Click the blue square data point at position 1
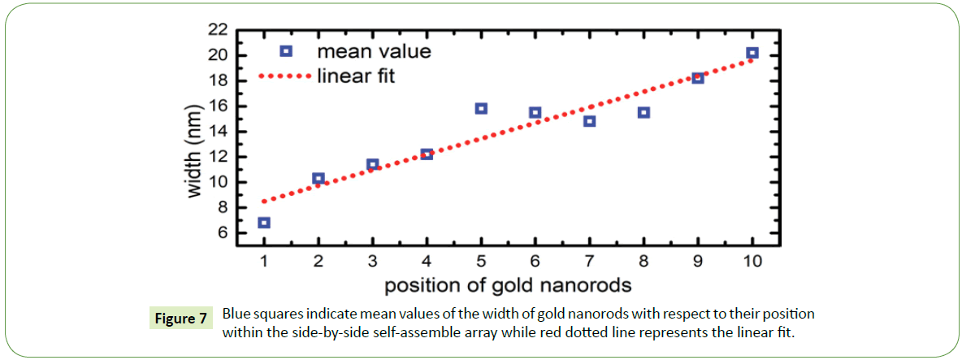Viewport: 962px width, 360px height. pyautogui.click(x=264, y=223)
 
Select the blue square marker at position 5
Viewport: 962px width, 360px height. pyautogui.click(x=481, y=108)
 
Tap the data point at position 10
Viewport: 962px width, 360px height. pyautogui.click(x=752, y=53)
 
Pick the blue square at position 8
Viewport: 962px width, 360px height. pyautogui.click(x=643, y=112)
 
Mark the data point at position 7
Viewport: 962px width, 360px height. pyautogui.click(x=590, y=121)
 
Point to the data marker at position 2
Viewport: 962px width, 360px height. pyautogui.click(x=318, y=178)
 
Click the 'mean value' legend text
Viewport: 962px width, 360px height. pyautogui.click(x=374, y=52)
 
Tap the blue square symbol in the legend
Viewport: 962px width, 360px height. pyautogui.click(x=285, y=51)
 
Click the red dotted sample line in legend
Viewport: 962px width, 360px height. pyautogui.click(x=284, y=76)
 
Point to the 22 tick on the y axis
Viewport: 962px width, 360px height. pyautogui.click(x=217, y=30)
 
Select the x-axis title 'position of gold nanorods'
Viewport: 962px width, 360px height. pyautogui.click(x=508, y=285)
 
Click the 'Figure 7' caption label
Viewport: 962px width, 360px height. pyautogui.click(x=180, y=319)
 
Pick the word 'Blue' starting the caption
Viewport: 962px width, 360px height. pyautogui.click(x=238, y=314)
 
